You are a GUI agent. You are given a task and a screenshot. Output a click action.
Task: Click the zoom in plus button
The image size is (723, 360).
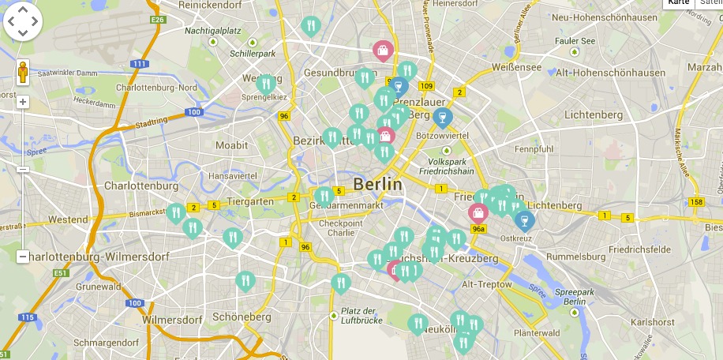pos(23,102)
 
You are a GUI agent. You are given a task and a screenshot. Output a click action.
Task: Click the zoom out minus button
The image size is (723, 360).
pos(23,257)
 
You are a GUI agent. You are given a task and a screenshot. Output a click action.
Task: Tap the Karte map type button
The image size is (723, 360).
pos(678,2)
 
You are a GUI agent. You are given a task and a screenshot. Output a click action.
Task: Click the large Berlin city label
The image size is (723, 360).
pos(377,184)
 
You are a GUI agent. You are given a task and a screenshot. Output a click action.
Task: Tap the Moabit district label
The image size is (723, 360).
pos(231,145)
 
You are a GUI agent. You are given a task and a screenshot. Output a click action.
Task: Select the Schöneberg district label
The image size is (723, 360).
pos(241,317)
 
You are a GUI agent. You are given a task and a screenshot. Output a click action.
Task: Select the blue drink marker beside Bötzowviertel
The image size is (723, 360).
pos(443,118)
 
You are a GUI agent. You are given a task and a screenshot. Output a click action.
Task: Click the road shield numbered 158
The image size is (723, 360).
pos(695,202)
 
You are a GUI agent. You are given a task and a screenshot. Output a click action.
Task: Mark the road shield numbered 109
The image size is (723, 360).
pos(427,85)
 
